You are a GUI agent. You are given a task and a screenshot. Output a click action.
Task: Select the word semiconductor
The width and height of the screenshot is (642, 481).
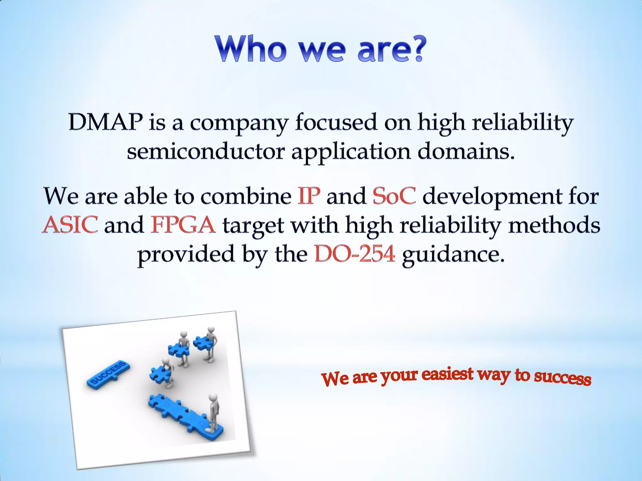click(x=206, y=152)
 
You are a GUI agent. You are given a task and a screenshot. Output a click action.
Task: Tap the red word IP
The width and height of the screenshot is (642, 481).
click(x=309, y=196)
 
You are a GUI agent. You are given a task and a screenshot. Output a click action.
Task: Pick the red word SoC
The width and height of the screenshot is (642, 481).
click(x=394, y=196)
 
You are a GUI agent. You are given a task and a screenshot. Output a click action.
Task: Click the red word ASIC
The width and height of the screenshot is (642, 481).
click(x=70, y=225)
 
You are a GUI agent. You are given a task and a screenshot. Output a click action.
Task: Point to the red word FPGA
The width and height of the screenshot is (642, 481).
click(x=183, y=225)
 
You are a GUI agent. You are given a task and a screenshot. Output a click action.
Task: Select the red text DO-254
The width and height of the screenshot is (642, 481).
click(x=355, y=254)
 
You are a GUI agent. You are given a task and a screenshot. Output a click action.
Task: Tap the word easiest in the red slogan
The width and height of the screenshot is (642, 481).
click(x=447, y=374)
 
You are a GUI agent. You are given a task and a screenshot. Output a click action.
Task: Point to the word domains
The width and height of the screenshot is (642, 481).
click(x=466, y=152)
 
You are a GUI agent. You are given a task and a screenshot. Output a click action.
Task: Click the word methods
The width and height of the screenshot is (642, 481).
click(x=554, y=225)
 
